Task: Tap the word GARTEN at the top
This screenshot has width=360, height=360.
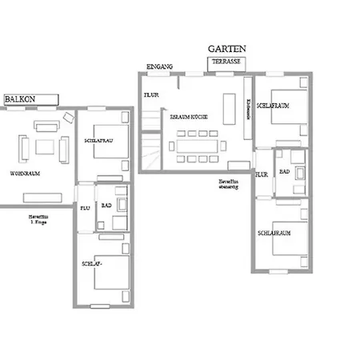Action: (226, 49)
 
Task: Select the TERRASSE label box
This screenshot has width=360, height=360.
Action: (227, 61)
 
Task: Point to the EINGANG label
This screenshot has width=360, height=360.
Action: (160, 66)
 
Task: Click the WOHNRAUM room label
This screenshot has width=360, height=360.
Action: (26, 173)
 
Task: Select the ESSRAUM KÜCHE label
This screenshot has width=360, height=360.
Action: (190, 117)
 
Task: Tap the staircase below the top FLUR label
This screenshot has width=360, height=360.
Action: (150, 149)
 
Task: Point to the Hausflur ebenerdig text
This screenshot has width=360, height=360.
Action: (229, 184)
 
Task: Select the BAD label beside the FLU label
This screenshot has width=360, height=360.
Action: (106, 206)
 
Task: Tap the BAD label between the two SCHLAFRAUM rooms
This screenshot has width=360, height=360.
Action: (284, 170)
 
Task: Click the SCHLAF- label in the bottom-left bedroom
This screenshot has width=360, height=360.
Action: (90, 263)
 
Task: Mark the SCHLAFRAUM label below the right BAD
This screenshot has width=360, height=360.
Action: (273, 232)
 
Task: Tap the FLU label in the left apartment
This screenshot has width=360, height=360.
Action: (85, 207)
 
